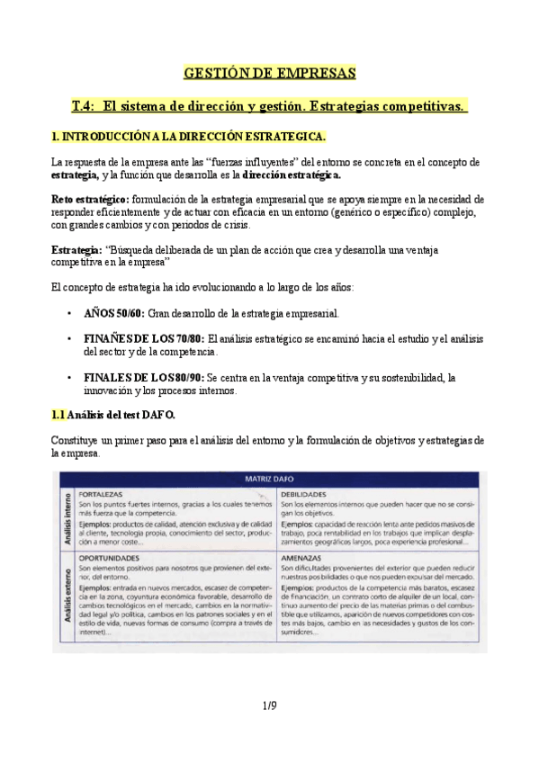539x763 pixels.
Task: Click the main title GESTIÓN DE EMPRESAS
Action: point(269,72)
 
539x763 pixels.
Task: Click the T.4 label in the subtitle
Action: point(85,106)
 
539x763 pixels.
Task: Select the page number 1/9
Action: point(269,706)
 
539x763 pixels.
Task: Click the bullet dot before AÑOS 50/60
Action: point(70,313)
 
